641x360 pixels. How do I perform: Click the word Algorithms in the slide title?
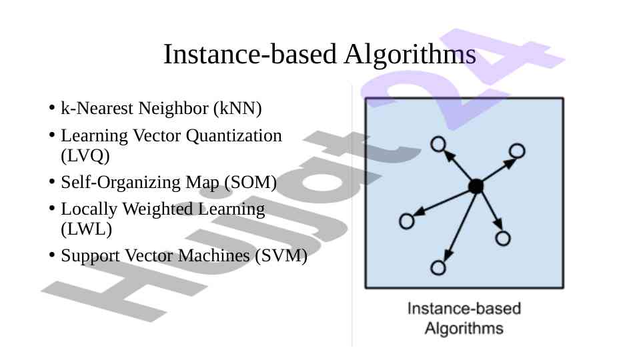pos(410,55)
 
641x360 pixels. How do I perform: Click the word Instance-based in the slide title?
pos(250,54)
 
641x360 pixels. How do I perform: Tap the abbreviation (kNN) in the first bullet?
pos(237,109)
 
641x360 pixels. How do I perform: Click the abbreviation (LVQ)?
pos(85,156)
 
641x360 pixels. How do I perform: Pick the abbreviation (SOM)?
pos(251,182)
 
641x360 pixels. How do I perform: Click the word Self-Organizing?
pos(121,183)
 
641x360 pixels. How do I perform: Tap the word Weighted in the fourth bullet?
pos(158,209)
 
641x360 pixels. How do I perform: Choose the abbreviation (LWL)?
pos(86,229)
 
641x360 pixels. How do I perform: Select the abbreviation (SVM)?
pos(281,256)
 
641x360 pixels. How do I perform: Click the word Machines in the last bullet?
pos(214,256)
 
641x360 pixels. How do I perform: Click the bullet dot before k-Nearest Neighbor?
pos(51,108)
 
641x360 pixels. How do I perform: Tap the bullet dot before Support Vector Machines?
pos(51,255)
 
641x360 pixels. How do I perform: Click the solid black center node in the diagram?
pos(476,187)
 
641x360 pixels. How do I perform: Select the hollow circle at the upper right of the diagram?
pos(517,151)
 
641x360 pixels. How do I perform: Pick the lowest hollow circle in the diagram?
pos(438,268)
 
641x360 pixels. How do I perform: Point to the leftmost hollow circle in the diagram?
pos(407,221)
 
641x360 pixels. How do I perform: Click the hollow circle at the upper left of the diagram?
pos(438,144)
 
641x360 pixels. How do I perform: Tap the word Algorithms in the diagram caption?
pos(464,329)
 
